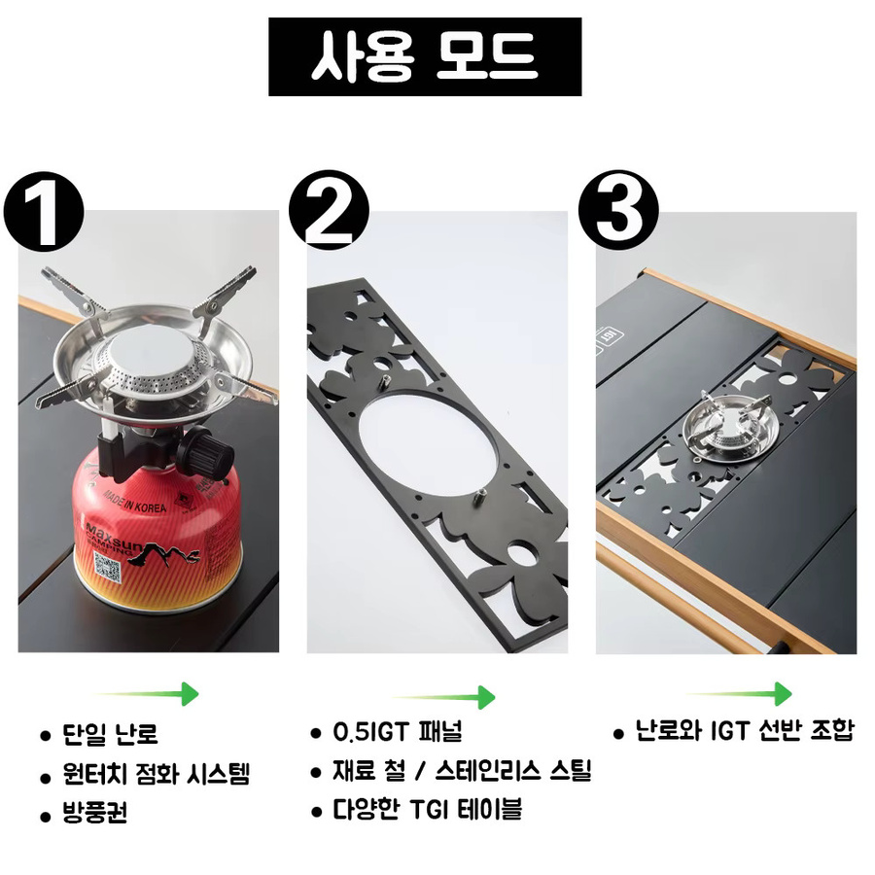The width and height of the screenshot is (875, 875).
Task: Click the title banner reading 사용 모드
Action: pyautogui.click(x=425, y=57)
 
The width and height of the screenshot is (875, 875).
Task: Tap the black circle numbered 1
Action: pyautogui.click(x=44, y=212)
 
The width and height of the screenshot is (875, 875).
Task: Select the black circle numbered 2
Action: pyautogui.click(x=329, y=210)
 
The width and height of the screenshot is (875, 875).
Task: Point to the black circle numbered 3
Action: pyautogui.click(x=618, y=210)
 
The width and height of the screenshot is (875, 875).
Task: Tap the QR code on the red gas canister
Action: pyautogui.click(x=108, y=568)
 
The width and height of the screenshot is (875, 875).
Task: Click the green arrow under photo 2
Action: pyautogui.click(x=443, y=697)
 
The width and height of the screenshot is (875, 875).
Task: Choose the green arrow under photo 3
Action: pyautogui.click(x=740, y=694)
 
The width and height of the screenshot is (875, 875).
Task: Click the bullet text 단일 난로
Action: pyautogui.click(x=111, y=734)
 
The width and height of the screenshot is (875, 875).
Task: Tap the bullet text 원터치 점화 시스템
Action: pyautogui.click(x=157, y=774)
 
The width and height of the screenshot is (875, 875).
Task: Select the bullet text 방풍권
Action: pyautogui.click(x=95, y=813)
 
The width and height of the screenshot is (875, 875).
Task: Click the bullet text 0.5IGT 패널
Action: pyautogui.click(x=398, y=731)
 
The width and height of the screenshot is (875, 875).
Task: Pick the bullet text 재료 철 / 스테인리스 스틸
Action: pyautogui.click(x=462, y=771)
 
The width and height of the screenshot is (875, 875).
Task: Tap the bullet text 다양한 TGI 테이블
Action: pyautogui.click(x=428, y=809)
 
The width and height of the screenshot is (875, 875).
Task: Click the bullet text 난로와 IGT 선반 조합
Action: pyautogui.click(x=745, y=730)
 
